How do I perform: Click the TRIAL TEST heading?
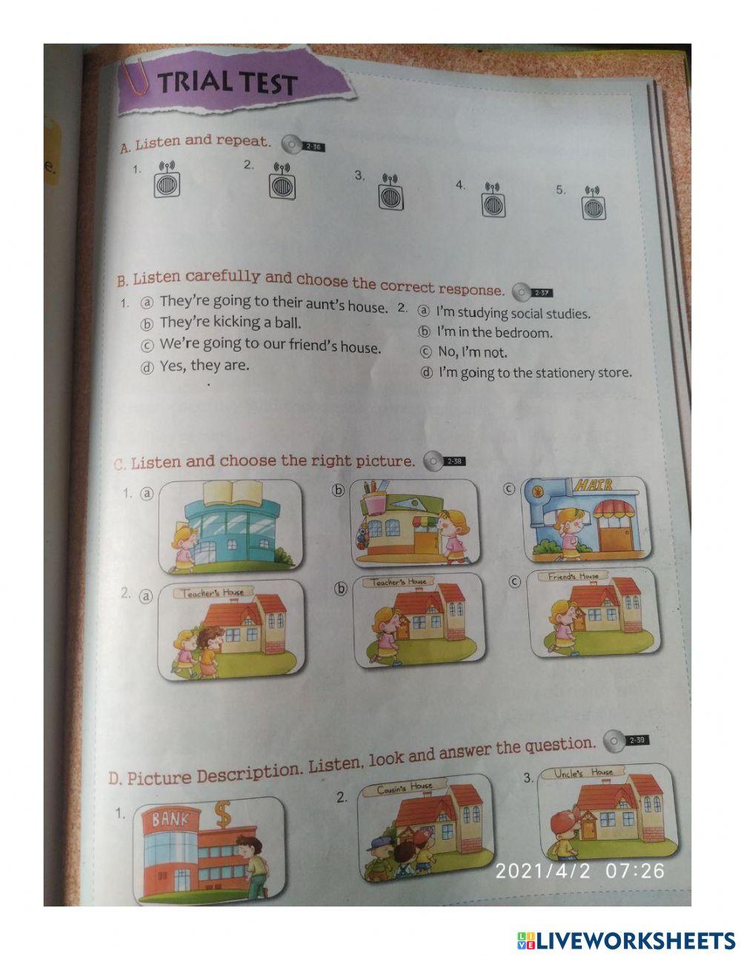[227, 83]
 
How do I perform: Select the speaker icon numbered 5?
[594, 203]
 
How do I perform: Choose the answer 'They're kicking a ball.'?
[230, 323]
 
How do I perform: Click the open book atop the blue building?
[233, 492]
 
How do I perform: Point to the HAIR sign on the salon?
[592, 485]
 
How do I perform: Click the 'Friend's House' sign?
[573, 576]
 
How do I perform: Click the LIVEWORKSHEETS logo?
[625, 929]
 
